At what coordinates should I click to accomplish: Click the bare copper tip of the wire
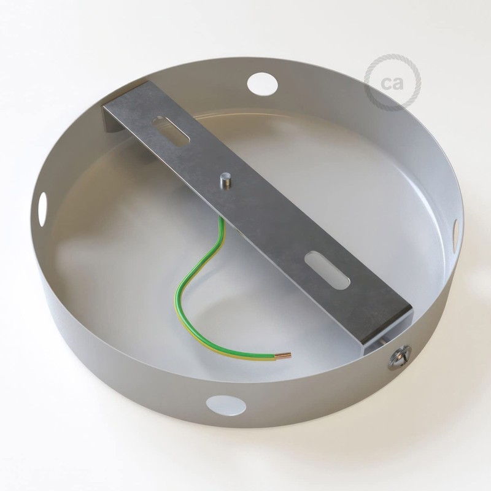pos(284,355)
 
